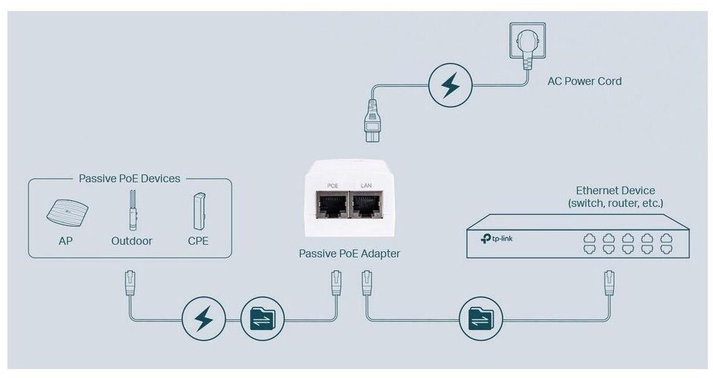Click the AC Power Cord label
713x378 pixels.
click(x=584, y=81)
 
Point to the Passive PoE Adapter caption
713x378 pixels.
click(x=349, y=253)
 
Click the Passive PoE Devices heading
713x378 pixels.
click(x=129, y=179)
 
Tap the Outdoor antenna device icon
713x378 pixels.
click(x=131, y=210)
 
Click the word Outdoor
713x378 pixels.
click(x=131, y=241)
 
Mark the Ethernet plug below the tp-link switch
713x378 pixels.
click(x=609, y=283)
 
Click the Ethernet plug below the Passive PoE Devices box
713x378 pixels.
click(x=129, y=282)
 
